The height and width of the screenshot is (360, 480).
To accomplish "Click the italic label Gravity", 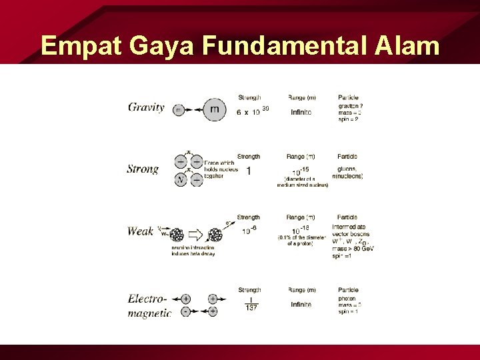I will click(x=146, y=107).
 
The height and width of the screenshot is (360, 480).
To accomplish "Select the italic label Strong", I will click(x=143, y=169).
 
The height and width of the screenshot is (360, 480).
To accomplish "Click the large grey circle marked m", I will click(x=214, y=109).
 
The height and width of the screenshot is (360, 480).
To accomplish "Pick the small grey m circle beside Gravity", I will click(x=178, y=109).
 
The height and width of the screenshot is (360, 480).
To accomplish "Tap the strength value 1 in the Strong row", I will click(x=249, y=171).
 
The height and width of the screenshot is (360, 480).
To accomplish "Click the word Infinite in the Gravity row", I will click(x=301, y=113).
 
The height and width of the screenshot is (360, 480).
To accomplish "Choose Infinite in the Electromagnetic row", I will click(x=301, y=304).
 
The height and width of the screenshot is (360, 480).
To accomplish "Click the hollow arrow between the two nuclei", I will click(x=197, y=234).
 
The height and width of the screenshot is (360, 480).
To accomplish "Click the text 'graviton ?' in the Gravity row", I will click(x=351, y=105).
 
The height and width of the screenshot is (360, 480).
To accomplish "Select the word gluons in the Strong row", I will click(x=347, y=169).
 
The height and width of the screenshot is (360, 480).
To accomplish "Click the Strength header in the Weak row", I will click(x=249, y=217).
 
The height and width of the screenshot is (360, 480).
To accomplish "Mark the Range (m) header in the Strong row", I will click(x=301, y=157).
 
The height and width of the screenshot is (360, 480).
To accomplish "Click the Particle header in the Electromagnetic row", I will click(x=348, y=290).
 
